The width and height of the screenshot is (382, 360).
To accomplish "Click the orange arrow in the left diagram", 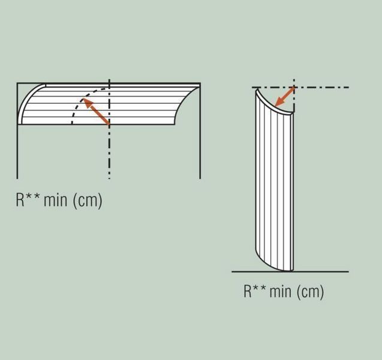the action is pos(96,111).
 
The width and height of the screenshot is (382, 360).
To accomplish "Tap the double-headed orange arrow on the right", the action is pos(284,97).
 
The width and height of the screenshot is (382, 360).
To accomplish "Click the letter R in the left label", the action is pos(20,200).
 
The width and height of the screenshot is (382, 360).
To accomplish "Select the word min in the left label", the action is pos(55,200).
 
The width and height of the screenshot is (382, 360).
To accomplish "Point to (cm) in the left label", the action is pos(87,201).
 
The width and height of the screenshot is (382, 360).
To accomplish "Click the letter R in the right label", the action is pos(248,291).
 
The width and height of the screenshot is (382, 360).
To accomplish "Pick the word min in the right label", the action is pos(281,291).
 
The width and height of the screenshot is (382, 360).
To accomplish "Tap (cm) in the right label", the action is pos(311,292).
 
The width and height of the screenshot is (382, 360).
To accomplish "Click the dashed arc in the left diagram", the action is pos(80,100).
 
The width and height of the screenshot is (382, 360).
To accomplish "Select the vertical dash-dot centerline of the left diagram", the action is pos(109,129).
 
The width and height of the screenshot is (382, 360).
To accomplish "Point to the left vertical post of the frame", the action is pos(17,131).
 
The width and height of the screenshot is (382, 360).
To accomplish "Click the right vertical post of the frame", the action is pos(200,131).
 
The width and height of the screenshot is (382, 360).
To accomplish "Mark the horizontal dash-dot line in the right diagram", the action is pos(300,87).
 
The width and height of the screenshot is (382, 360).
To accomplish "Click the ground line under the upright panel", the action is pos(290,271).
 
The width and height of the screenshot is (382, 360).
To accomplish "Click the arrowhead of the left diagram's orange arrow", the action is pos(86,103).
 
